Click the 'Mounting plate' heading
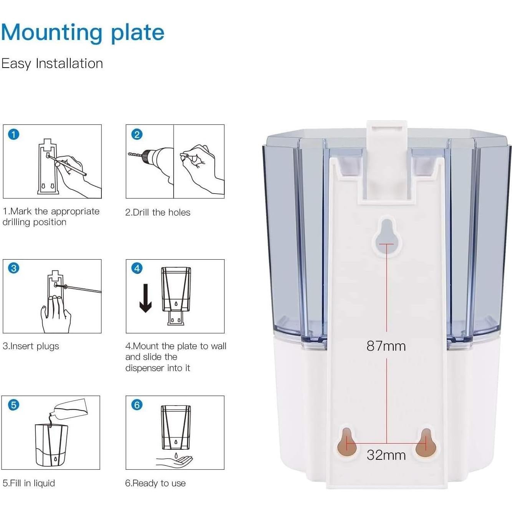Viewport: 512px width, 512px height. tap(83, 33)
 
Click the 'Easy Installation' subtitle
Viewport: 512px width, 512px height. tap(52, 63)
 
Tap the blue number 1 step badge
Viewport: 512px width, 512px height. tap(14, 134)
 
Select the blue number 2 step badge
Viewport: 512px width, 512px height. tap(137, 134)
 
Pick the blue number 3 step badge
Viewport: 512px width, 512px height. tap(14, 268)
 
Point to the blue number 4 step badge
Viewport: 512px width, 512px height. tap(137, 268)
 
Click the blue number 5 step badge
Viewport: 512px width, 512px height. tap(14, 405)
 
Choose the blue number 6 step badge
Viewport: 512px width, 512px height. tap(137, 405)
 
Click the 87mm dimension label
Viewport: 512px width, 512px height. tap(386, 346)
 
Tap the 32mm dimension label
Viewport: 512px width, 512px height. tap(386, 455)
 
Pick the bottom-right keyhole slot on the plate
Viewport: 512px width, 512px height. tap(426, 443)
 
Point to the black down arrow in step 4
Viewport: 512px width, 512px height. tap(146, 298)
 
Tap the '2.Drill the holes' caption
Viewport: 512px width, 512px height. tap(158, 212)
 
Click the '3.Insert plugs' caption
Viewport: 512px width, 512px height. tap(31, 346)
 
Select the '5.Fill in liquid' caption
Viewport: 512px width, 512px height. tap(29, 483)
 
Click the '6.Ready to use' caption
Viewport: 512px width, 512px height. tap(156, 483)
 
